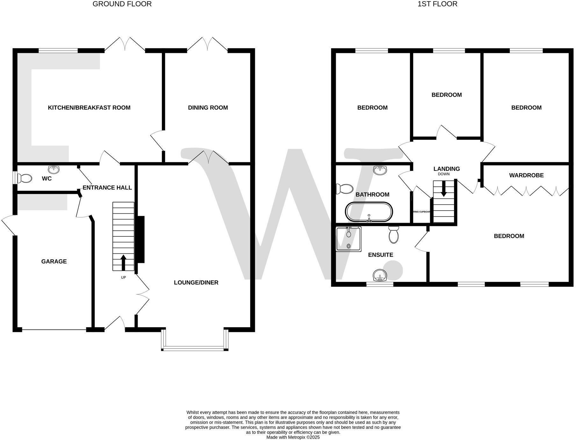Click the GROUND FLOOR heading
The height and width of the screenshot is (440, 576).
pos(122,4)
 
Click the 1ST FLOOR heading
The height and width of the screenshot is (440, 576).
pos(437,4)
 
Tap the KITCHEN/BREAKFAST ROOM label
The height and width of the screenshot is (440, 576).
pos(89,108)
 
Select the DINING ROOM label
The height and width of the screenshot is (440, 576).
pos(208,108)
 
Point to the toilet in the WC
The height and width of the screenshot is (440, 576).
pos(25,178)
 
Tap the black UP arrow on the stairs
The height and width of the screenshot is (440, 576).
pos(123,262)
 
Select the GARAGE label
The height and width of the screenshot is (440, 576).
pos(54,262)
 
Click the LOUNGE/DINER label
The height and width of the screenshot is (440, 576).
pos(196,283)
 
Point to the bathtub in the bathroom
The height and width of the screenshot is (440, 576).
pos(369,212)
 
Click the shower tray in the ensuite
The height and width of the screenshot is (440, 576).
pos(349,239)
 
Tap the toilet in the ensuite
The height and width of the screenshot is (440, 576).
pos(394,235)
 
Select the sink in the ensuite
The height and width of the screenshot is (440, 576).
pos(380,275)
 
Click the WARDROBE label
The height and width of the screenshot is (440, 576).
pos(526,175)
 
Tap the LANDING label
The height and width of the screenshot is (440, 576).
pos(446,169)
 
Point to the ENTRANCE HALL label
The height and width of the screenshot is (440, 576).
pos(107,188)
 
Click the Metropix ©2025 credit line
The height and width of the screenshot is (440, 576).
pos(293,437)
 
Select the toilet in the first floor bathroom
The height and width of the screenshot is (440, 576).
pos(343,189)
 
